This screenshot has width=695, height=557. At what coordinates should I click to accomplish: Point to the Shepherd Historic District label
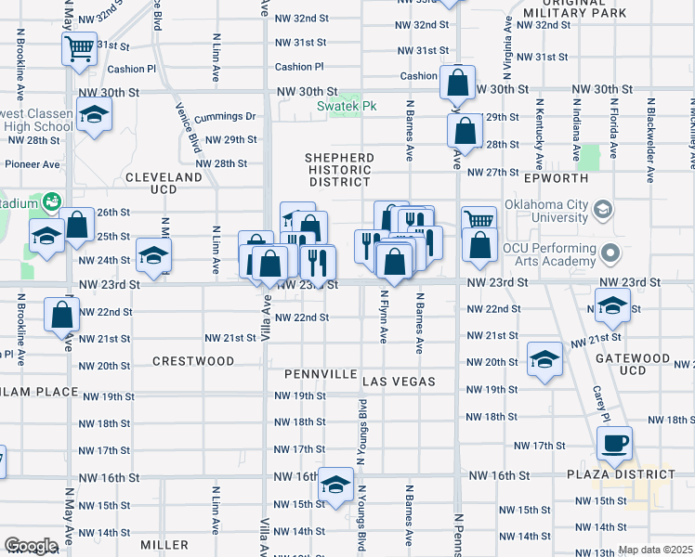[x=339, y=170]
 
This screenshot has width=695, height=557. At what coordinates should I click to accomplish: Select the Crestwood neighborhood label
[x=193, y=360]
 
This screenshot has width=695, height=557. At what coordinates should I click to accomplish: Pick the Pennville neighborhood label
[x=321, y=373]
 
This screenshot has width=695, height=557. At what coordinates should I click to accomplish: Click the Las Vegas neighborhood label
[x=399, y=382]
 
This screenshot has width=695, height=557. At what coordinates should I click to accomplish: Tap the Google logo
[x=31, y=546]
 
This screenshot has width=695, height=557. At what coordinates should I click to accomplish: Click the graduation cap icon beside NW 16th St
[x=335, y=483]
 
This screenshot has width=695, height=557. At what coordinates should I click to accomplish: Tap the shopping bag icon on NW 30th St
[x=457, y=84]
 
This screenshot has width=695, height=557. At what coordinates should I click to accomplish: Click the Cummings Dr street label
[x=224, y=117]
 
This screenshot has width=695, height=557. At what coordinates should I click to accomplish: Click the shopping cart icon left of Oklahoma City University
[x=479, y=220]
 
